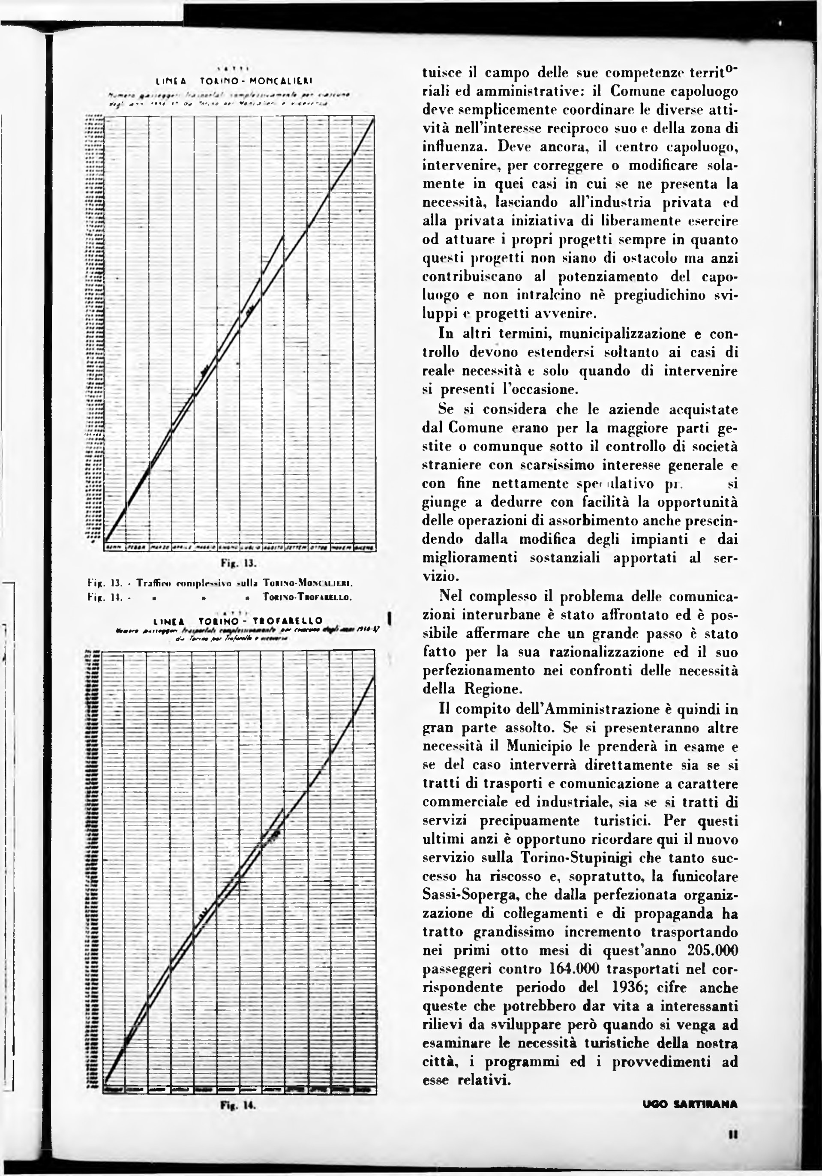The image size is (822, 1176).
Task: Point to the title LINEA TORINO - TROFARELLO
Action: click(241, 621)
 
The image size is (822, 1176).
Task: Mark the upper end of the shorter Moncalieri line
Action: click(284, 236)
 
